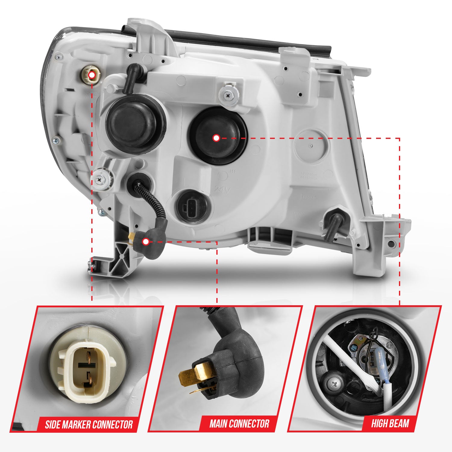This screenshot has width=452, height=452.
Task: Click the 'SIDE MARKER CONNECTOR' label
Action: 89,425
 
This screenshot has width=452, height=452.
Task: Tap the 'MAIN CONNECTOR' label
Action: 239,424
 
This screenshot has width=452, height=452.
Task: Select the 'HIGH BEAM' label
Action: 390,423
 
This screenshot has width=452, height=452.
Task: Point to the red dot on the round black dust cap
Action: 216,138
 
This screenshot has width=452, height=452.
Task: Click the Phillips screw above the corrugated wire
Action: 100,179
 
